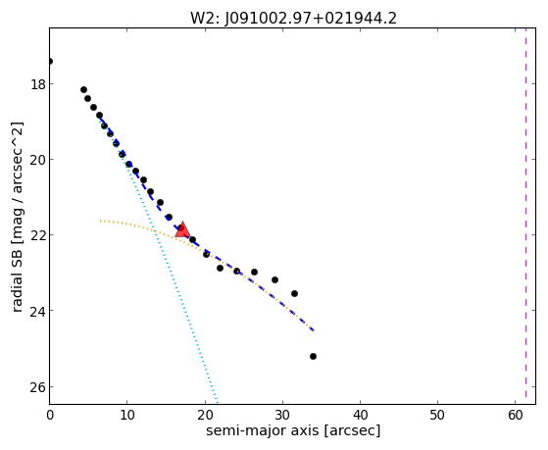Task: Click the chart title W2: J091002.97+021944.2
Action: point(293,19)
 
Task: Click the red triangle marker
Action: point(182,230)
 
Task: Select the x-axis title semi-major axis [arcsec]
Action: point(293,430)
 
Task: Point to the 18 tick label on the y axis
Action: point(37,84)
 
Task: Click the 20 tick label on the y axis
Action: point(37,160)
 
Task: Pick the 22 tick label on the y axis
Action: point(37,235)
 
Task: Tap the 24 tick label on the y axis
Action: point(37,311)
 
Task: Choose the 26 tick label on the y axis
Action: point(37,386)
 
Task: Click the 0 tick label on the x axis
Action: point(50,415)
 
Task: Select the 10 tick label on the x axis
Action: point(127,415)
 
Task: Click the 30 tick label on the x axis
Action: point(282,415)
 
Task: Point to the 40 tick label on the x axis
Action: point(360,415)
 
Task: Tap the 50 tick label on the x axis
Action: point(437,415)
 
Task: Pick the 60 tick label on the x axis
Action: point(515,415)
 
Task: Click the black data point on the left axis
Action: point(50,62)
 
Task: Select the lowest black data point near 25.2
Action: point(313,356)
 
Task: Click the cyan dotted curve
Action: point(159,245)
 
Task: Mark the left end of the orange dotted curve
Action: point(100,221)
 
